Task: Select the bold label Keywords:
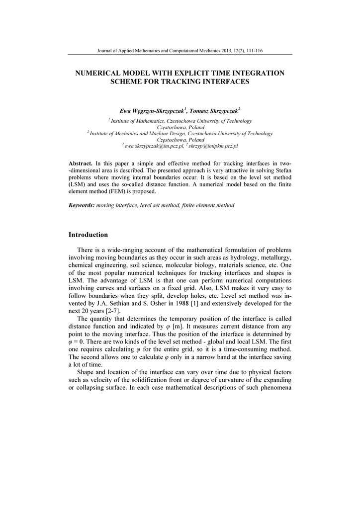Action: pos(82,205)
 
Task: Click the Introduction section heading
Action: pos(88,235)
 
